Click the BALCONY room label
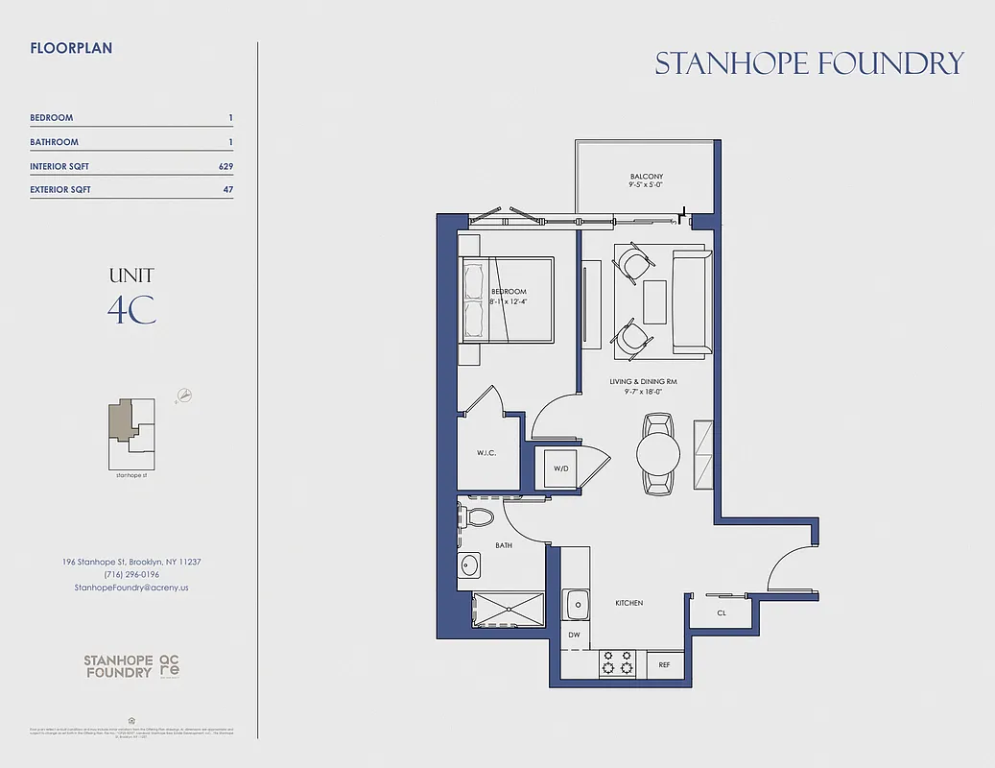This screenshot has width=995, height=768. (x=646, y=177)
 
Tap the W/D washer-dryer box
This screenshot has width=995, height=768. (x=561, y=468)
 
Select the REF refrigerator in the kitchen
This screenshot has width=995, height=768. (x=664, y=663)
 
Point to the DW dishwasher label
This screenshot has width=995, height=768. (x=574, y=636)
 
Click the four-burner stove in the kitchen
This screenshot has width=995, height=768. (x=619, y=662)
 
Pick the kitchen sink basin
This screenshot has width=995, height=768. (x=578, y=606)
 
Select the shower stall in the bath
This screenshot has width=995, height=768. (x=508, y=611)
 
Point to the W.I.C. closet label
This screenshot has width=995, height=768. (x=486, y=453)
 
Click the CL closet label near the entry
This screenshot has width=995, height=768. (x=722, y=612)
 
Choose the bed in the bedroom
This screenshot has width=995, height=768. (x=508, y=299)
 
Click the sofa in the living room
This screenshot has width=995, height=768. (x=690, y=300)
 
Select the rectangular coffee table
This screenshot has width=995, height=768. (x=655, y=300)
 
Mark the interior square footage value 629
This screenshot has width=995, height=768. (x=225, y=166)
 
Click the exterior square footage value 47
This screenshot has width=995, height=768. (x=227, y=190)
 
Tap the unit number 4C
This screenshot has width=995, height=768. (x=131, y=310)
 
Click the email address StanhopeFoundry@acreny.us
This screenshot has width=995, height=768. (x=131, y=587)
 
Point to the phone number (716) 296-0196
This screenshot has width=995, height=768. (x=131, y=574)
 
